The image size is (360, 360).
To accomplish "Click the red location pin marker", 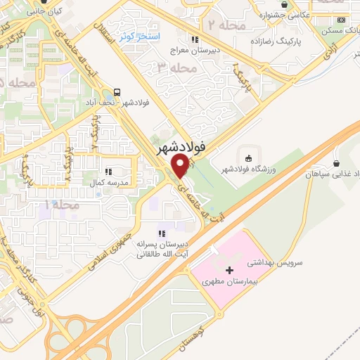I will [x=181, y=165].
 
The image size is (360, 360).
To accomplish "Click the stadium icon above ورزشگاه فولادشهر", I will [x=247, y=155].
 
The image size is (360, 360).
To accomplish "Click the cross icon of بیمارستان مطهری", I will [x=229, y=270].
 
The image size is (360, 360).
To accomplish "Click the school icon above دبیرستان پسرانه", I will [x=161, y=233].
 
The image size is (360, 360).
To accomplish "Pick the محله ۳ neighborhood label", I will [x=176, y=67].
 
